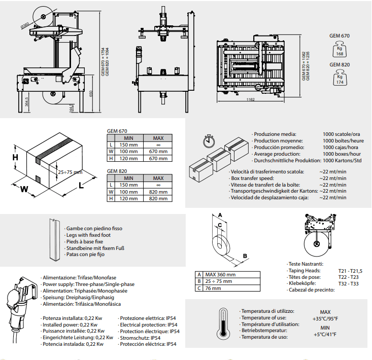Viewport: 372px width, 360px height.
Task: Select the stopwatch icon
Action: click(209, 141)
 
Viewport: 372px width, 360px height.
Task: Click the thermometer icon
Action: click(223, 324)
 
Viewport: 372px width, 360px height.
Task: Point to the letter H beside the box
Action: click(15, 157)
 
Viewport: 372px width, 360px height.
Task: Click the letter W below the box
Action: click(24, 189)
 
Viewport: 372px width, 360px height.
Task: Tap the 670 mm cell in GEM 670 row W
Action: click(158, 152)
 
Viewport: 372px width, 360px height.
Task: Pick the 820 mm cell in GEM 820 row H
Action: click(158, 199)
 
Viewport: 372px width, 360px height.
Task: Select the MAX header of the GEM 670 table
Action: click(158, 138)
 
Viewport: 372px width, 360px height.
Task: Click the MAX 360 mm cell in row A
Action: click(231, 275)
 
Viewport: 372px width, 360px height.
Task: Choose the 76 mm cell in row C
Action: click(231, 288)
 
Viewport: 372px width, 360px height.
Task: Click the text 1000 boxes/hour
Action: click(342, 154)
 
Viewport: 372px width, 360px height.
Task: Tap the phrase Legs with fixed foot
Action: click(88, 235)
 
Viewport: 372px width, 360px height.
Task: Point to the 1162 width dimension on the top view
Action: click(251, 99)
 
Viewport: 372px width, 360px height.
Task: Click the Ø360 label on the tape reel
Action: click(25, 25)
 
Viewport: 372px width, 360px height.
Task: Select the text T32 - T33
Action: click(348, 283)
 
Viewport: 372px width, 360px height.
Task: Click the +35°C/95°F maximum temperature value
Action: click(325, 319)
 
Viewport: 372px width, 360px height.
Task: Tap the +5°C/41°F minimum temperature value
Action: click(325, 335)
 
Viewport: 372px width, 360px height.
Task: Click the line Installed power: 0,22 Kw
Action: click(70, 325)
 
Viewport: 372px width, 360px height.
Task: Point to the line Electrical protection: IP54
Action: click(149, 325)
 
